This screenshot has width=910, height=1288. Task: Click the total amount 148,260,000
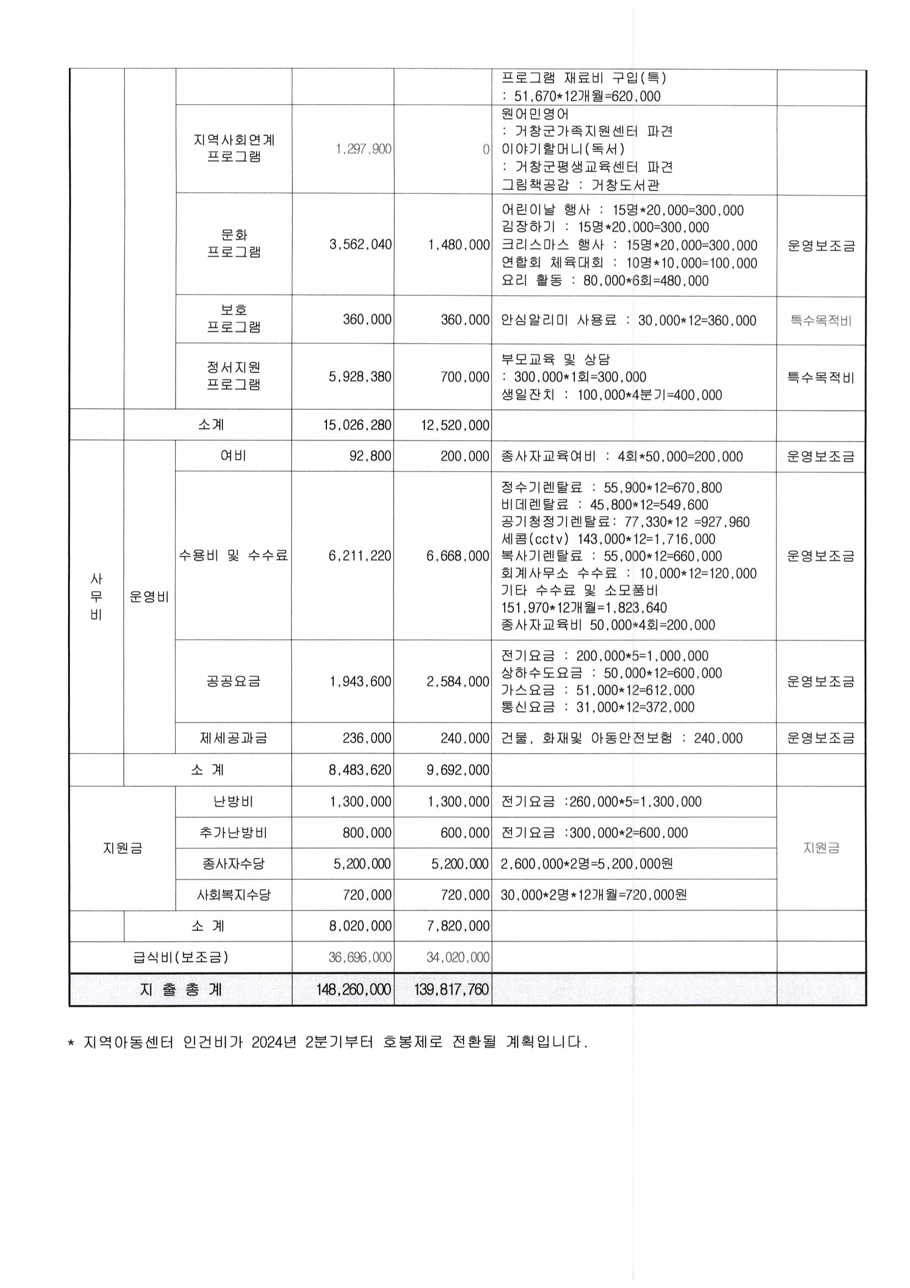pyautogui.click(x=353, y=989)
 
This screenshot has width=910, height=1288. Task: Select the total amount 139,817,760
pyautogui.click(x=451, y=989)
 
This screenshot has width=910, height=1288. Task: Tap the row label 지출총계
pyautogui.click(x=181, y=989)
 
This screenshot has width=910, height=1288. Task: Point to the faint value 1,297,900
pyautogui.click(x=363, y=149)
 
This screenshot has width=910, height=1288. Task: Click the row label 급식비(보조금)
pyautogui.click(x=181, y=956)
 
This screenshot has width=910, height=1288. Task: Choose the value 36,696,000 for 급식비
pyautogui.click(x=360, y=957)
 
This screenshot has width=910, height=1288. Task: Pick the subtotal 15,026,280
pyautogui.click(x=357, y=425)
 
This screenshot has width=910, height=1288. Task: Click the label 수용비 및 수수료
pyautogui.click(x=233, y=555)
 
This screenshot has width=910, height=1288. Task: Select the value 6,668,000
pyautogui.click(x=458, y=556)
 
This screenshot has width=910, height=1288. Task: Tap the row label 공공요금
pyautogui.click(x=233, y=681)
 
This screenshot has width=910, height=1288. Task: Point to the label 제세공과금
pyautogui.click(x=233, y=738)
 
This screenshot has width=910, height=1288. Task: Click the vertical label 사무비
pyautogui.click(x=96, y=597)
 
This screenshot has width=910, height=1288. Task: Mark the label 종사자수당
pyautogui.click(x=233, y=863)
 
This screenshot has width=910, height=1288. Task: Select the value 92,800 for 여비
pyautogui.click(x=370, y=456)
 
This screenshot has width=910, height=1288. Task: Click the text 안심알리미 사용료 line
pyautogui.click(x=628, y=320)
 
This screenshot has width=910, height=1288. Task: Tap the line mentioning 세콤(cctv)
pyautogui.click(x=608, y=539)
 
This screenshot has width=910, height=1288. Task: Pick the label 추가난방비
pyautogui.click(x=233, y=832)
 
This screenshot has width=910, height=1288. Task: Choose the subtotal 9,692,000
pyautogui.click(x=458, y=770)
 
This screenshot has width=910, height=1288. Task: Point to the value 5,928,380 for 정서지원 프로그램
pyautogui.click(x=360, y=376)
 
